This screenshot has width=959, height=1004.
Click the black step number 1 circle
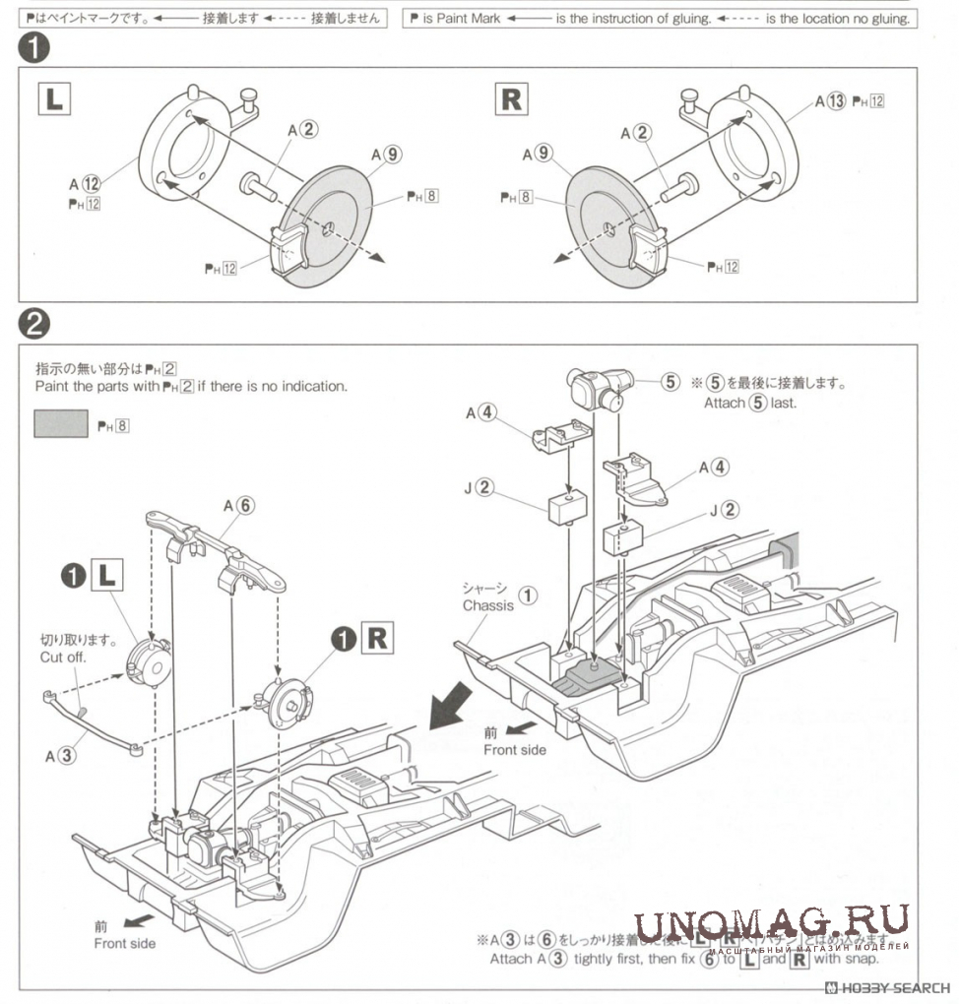33,47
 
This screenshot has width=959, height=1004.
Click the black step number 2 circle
33,323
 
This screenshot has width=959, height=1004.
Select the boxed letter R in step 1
512,98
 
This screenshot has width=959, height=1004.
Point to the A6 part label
238,505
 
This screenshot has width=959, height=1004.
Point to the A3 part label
59,756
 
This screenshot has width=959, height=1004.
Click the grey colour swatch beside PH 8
62,424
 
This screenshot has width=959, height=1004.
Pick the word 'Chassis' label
488,605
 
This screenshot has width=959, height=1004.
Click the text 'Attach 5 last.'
749,403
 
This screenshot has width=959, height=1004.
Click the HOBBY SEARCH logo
887,987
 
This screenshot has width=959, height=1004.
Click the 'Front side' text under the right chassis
514,749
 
